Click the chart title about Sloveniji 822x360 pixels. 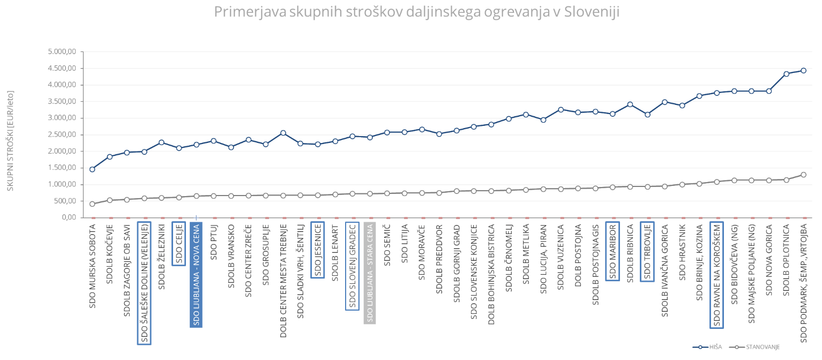pyautogui.click(x=416, y=12)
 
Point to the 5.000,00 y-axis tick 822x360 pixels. pyautogui.click(x=63, y=52)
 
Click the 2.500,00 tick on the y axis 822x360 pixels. pyautogui.click(x=63, y=135)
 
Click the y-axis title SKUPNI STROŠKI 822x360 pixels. pyautogui.click(x=10, y=140)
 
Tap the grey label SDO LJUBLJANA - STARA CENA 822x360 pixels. pyautogui.click(x=370, y=273)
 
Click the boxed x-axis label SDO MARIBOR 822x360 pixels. pyautogui.click(x=612, y=251)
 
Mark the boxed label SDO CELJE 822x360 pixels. pyautogui.click(x=179, y=243)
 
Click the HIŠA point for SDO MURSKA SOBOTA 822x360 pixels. pyautogui.click(x=92, y=169)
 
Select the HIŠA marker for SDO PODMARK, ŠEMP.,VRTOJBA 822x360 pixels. pyautogui.click(x=803, y=70)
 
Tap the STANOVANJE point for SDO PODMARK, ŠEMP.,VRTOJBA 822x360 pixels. pyautogui.click(x=803, y=175)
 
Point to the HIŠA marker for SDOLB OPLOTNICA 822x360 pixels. pyautogui.click(x=786, y=74)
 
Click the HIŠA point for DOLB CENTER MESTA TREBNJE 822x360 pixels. pyautogui.click(x=283, y=133)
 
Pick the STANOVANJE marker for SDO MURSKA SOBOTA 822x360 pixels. pyautogui.click(x=92, y=204)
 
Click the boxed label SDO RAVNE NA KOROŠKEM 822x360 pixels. pyautogui.click(x=716, y=275)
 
